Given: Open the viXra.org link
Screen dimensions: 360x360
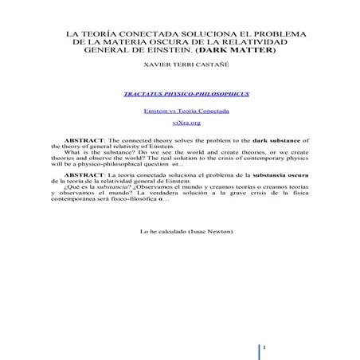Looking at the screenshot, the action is (x=180, y=123).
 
